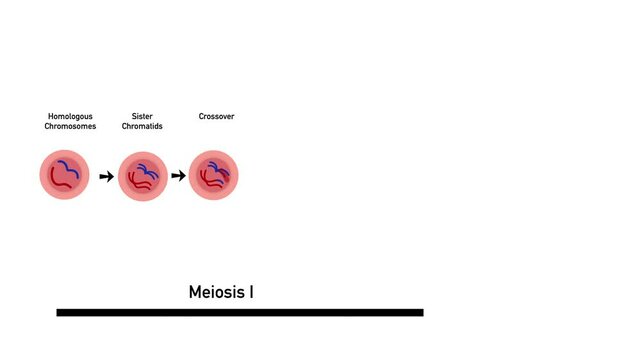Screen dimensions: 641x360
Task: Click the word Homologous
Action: [x=69, y=117]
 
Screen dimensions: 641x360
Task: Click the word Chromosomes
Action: [x=69, y=127]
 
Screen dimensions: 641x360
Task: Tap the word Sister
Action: [x=142, y=117]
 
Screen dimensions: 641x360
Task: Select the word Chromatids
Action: [x=142, y=127]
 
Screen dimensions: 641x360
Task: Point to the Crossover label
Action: [x=216, y=117]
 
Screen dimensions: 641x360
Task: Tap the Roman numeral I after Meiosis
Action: [x=251, y=293]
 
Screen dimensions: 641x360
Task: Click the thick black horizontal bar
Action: [x=240, y=313]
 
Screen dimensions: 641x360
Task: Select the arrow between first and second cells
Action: [x=106, y=177]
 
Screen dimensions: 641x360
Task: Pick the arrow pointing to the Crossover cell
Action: [x=178, y=177]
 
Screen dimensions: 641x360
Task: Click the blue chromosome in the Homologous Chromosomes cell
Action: [x=71, y=166]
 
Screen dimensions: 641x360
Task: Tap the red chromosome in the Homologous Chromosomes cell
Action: [x=61, y=183]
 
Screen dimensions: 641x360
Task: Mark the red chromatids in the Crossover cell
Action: [x=208, y=183]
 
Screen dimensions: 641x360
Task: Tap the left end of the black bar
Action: [x=60, y=313]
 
